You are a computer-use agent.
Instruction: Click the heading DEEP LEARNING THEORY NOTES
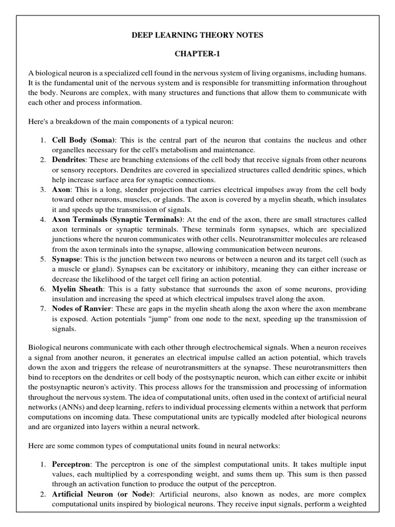click(x=198, y=35)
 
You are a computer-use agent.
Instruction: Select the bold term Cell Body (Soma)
click(x=84, y=140)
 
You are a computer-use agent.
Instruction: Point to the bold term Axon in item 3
click(x=61, y=190)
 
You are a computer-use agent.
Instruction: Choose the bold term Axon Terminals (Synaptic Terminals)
click(x=117, y=220)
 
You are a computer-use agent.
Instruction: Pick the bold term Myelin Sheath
click(x=78, y=289)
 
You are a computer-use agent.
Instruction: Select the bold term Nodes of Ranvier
click(x=82, y=309)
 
